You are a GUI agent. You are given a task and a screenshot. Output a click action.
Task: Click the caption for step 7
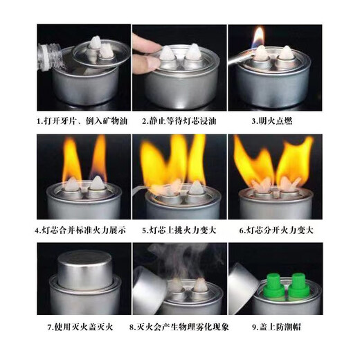click(82, 326)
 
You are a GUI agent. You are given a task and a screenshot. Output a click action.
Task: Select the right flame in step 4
click(99, 156)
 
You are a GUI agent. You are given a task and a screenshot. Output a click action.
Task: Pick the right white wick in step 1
click(108, 51)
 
